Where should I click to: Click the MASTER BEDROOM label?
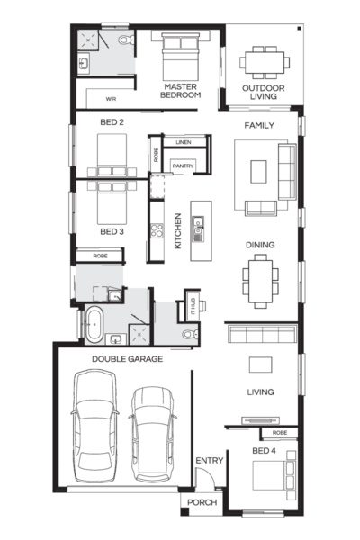180,90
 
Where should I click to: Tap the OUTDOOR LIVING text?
263,92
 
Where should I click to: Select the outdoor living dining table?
264,59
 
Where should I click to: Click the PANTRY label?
184,166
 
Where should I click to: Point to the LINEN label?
184,142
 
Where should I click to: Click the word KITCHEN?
178,230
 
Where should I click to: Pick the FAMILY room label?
259,125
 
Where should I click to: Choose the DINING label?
260,245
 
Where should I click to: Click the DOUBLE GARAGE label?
127,358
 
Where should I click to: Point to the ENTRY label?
209,461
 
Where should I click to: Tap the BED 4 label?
263,450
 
